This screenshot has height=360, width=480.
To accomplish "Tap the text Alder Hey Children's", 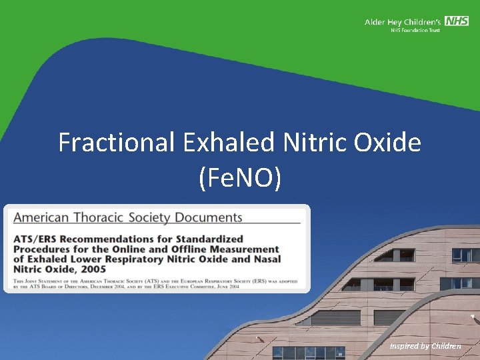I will pos(403,22).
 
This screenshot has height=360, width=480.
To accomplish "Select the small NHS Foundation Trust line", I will pos(415,31).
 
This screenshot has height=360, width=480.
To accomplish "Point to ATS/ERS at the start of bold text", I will pos(35,239).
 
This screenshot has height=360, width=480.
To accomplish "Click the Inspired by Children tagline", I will pos(426,346).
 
